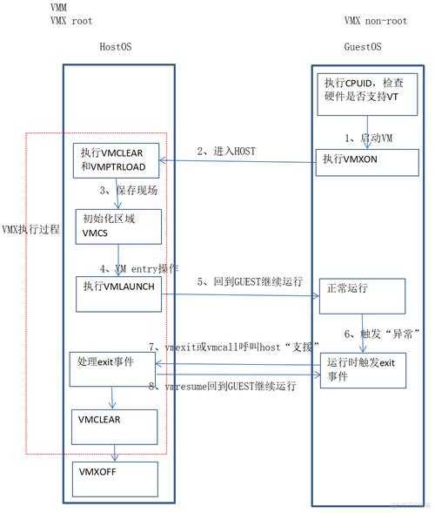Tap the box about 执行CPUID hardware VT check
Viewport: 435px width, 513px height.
[365, 91]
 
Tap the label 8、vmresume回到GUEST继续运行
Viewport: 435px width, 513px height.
[222, 384]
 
